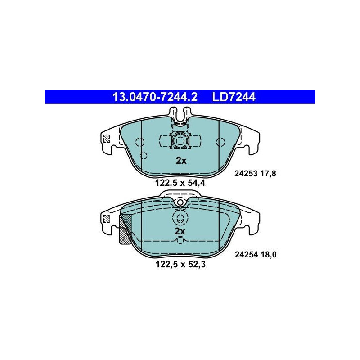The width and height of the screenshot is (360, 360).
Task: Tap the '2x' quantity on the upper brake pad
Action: (x=180, y=161)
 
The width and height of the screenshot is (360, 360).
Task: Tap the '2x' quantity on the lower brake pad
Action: (x=180, y=231)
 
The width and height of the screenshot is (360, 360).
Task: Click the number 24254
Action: (x=245, y=255)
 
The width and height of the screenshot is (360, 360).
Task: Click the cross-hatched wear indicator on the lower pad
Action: (x=126, y=229)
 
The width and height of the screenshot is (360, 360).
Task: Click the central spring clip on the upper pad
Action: (x=180, y=140)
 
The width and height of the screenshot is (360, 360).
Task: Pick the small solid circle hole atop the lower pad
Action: (x=180, y=202)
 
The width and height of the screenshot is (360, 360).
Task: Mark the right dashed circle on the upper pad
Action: (x=220, y=143)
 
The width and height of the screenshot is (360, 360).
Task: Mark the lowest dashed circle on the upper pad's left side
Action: (x=144, y=156)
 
